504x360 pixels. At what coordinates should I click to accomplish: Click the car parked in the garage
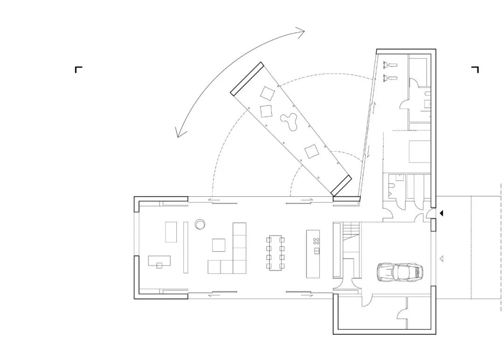(x=400, y=272)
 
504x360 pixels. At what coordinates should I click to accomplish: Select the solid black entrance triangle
(x=441, y=213)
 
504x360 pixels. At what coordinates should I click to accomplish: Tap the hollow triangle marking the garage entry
(x=441, y=257)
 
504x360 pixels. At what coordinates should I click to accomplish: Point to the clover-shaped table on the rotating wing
(x=289, y=122)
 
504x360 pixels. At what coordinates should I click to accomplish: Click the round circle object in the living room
(x=200, y=224)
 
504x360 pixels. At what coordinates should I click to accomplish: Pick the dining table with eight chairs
(x=275, y=252)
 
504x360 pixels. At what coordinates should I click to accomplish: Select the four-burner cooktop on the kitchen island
(x=316, y=241)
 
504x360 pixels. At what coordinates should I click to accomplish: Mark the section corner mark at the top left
(x=78, y=70)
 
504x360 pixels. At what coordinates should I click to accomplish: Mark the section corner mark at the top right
(x=475, y=70)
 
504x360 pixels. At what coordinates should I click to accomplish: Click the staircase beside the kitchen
(x=351, y=238)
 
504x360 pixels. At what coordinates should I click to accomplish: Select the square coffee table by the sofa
(x=219, y=245)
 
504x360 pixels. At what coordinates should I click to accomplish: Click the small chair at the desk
(x=159, y=265)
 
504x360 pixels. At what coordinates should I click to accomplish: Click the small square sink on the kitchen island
(x=316, y=251)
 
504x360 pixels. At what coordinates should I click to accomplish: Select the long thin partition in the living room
(x=185, y=247)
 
